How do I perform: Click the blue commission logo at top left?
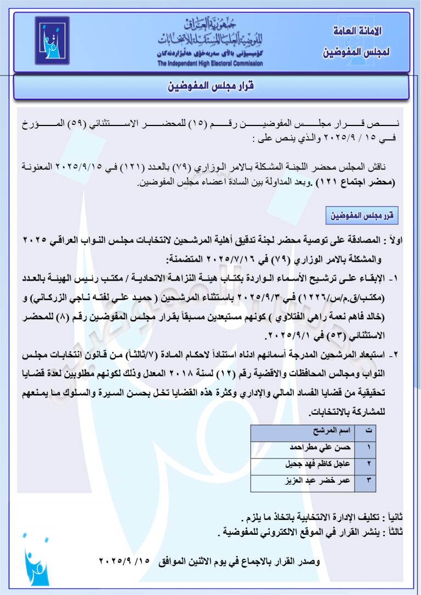pos(52,41)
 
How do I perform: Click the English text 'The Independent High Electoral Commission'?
pos(210,64)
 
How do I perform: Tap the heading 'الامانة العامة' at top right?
pos(357,31)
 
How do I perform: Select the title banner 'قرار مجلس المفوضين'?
pos(211,87)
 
